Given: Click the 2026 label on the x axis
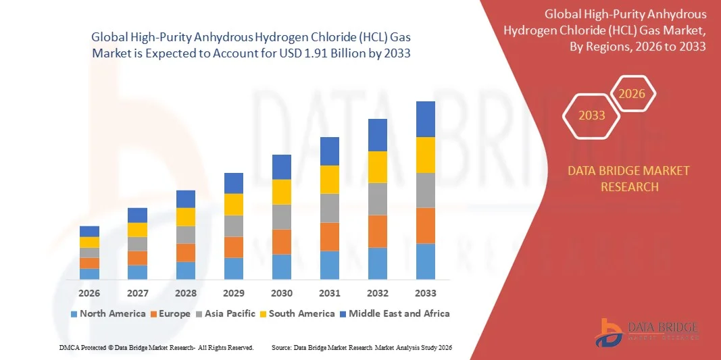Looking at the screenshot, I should (89, 293).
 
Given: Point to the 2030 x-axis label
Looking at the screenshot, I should (282, 293).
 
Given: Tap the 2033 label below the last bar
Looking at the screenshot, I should (426, 293).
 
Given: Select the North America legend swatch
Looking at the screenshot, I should (74, 314).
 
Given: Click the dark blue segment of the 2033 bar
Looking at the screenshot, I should (426, 119).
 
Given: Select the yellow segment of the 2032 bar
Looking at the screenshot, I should (378, 167).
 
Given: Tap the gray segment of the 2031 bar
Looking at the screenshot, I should (330, 208).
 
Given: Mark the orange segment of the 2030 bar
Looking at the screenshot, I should (282, 242).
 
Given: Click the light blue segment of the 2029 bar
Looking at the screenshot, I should (234, 268).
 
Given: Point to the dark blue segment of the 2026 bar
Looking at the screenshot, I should (89, 231).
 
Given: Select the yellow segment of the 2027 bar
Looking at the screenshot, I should (137, 230).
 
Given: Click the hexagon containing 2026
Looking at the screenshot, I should (632, 95).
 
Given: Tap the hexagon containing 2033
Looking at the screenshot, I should (591, 116).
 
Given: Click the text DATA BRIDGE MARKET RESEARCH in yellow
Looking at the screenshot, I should (629, 178).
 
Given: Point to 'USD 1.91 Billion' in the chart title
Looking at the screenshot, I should (361, 52).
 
